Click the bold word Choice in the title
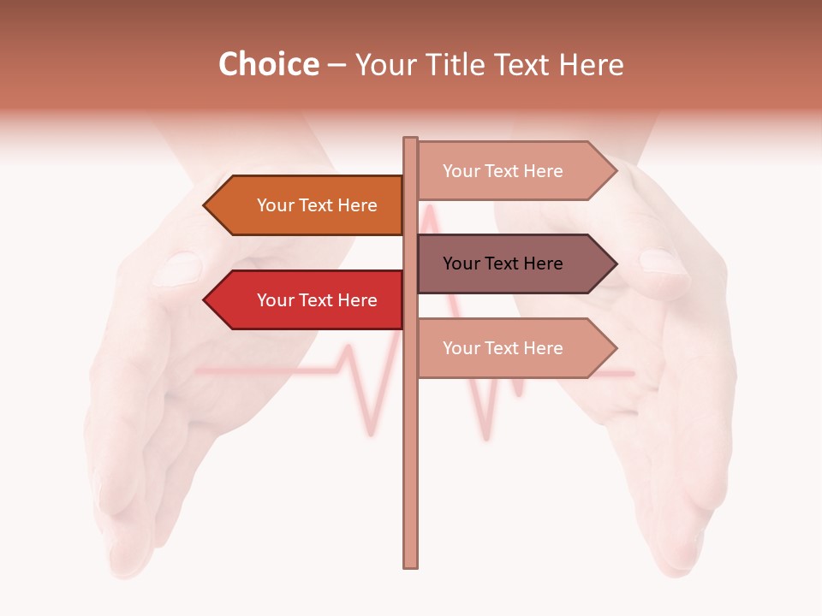[x=268, y=65]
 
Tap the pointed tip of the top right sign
[x=615, y=171]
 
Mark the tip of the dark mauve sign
[x=615, y=264]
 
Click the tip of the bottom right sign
[x=615, y=348]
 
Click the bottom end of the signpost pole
[x=410, y=564]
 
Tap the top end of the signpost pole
[x=410, y=140]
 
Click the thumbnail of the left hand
[x=177, y=268]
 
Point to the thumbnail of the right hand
[x=664, y=261]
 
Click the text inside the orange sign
[x=317, y=205]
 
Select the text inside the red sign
[x=317, y=300]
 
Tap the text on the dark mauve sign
[x=503, y=264]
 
